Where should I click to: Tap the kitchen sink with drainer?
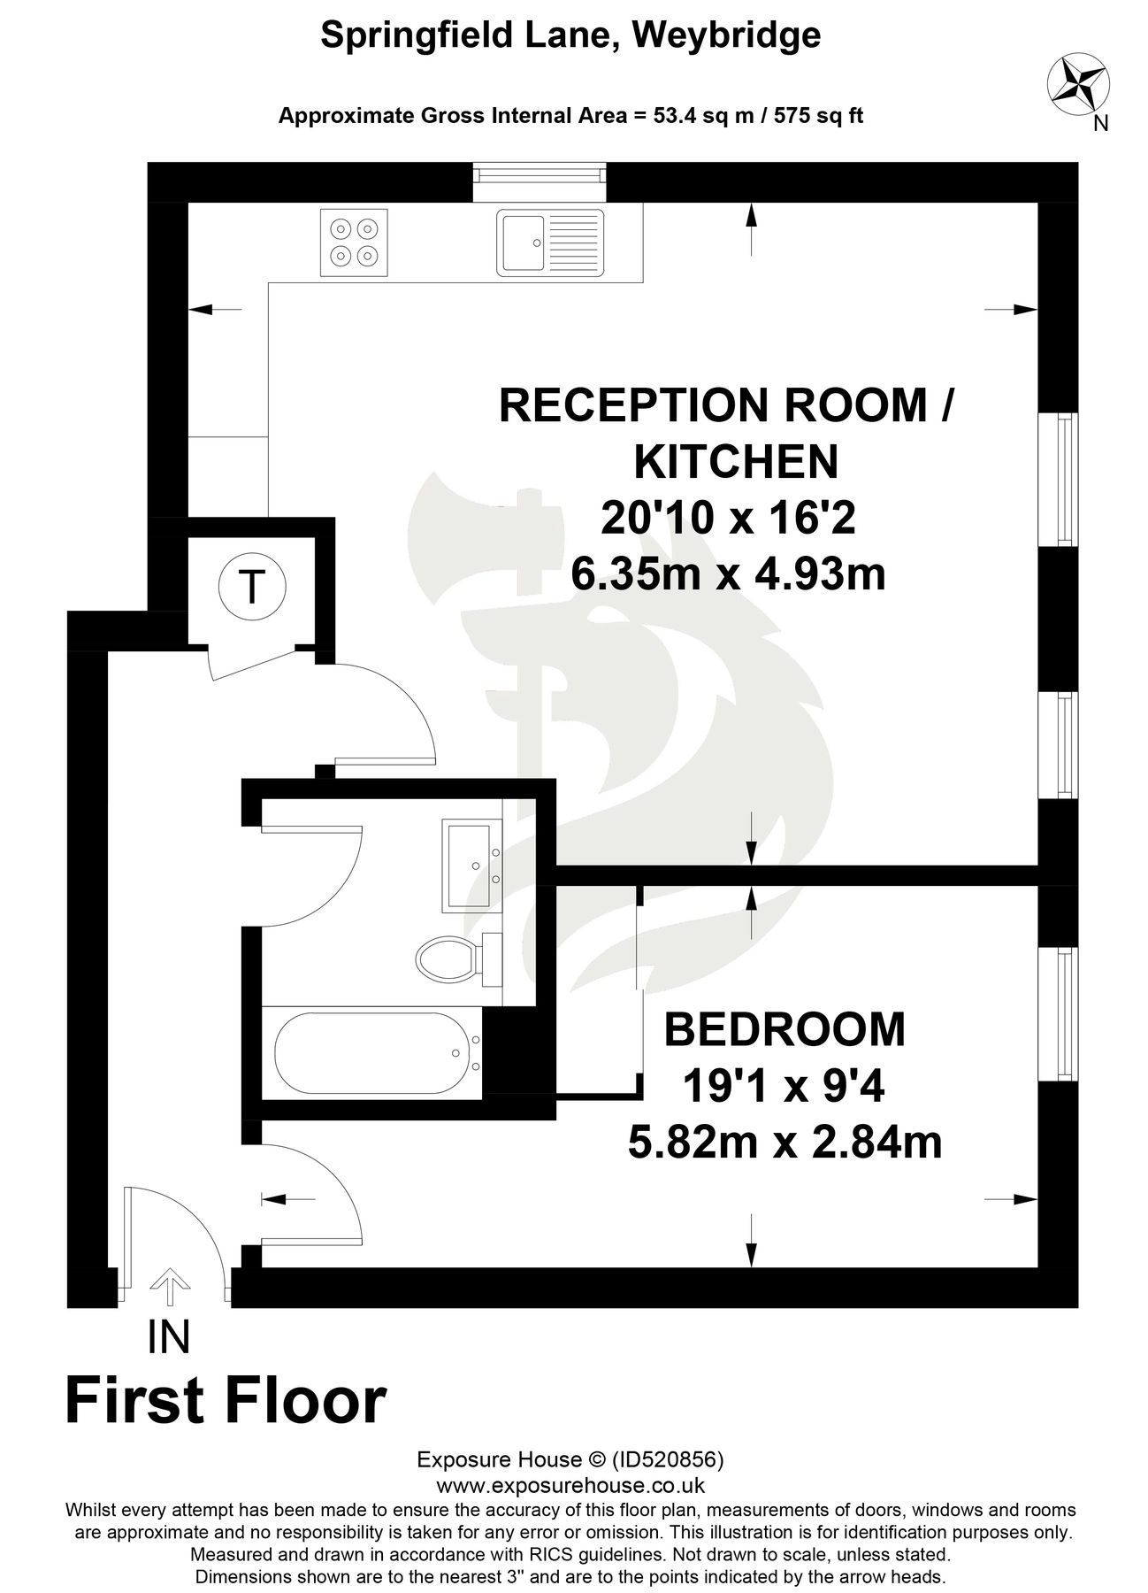[550, 242]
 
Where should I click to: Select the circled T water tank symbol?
[253, 586]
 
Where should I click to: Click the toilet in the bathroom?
[451, 958]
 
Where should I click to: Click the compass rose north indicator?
[1078, 87]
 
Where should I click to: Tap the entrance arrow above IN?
[169, 1286]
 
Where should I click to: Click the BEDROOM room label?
[784, 1030]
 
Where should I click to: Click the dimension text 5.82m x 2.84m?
[784, 1143]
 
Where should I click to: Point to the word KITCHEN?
[736, 461]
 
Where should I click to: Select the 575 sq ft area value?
[819, 115]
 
